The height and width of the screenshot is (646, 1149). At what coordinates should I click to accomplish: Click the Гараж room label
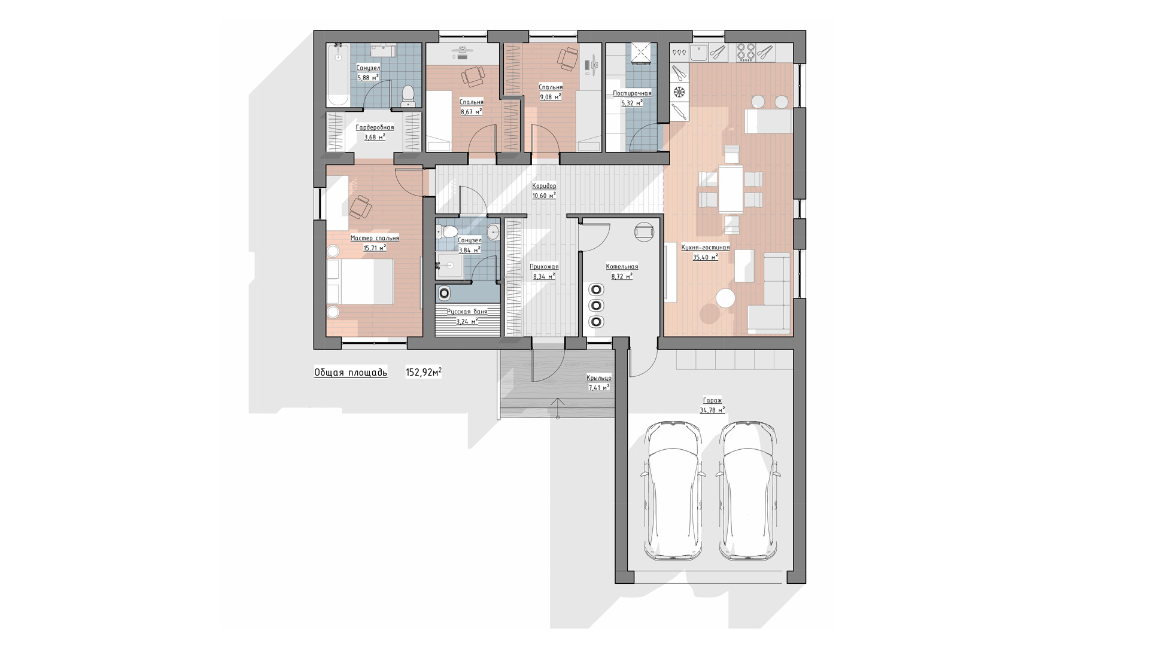click(712, 401)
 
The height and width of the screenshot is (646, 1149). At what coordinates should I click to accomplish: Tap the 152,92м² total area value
click(424, 372)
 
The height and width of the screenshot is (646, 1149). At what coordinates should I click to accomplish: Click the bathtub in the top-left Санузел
click(338, 75)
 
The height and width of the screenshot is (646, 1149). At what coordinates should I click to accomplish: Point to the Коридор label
click(544, 186)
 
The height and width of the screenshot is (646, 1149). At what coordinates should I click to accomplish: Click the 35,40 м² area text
click(706, 257)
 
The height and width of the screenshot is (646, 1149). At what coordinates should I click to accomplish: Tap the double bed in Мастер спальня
click(360, 282)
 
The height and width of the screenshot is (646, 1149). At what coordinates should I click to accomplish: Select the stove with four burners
click(745, 53)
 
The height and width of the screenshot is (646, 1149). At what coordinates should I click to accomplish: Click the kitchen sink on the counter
click(699, 53)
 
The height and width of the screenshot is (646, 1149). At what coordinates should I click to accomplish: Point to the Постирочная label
click(632, 93)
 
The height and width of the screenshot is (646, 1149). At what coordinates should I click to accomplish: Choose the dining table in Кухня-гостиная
click(731, 189)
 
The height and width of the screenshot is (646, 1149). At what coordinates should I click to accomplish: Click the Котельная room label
click(622, 267)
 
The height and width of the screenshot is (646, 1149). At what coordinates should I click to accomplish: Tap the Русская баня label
click(467, 312)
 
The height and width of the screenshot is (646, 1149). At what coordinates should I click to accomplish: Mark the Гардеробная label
click(375, 127)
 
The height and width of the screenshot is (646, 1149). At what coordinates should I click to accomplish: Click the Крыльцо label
click(599, 378)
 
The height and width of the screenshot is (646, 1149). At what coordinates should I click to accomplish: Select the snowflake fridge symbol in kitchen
click(679, 92)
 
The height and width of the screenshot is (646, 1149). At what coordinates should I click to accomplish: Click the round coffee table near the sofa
click(726, 298)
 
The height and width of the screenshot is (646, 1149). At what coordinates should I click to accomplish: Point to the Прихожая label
click(544, 267)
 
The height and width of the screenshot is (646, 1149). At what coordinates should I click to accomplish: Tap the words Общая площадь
click(351, 373)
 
